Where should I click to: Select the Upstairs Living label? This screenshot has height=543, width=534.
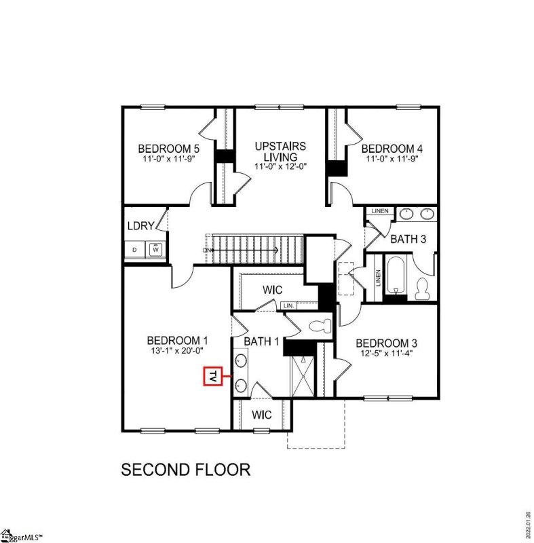280,151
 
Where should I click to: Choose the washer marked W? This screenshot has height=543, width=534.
156,250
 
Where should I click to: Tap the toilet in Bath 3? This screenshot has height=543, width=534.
423,288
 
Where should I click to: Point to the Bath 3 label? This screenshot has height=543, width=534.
408,238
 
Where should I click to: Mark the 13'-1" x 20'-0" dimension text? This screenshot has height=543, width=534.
178,351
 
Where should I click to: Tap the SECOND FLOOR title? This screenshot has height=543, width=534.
186,469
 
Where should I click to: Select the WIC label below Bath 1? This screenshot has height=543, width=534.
262,414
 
